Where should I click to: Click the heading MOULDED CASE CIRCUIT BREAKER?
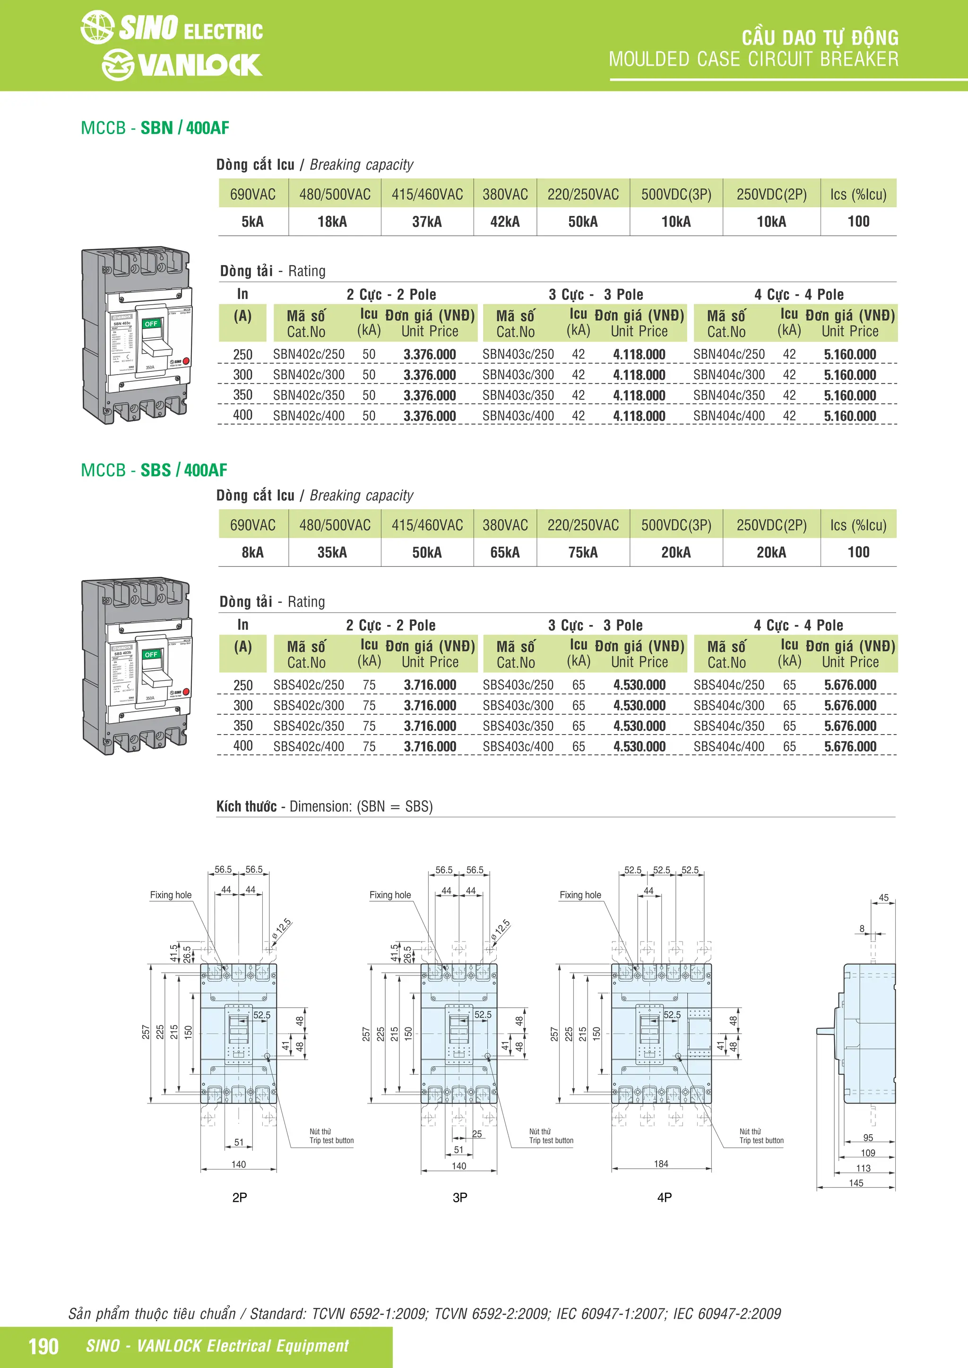(753, 60)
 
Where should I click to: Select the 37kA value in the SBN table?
(427, 222)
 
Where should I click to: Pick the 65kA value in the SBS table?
(504, 552)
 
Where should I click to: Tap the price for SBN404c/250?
(849, 354)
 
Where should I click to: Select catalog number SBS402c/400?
(308, 746)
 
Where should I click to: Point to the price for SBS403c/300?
(639, 705)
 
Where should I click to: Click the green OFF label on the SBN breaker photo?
(151, 324)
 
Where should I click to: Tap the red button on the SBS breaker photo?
(185, 692)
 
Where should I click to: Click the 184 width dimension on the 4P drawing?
(661, 1163)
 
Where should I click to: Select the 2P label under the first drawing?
(239, 1197)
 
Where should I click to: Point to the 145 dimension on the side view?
(856, 1183)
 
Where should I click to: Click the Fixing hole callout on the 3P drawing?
(390, 895)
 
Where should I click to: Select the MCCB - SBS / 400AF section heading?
(154, 470)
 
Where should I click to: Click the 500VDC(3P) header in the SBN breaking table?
(676, 194)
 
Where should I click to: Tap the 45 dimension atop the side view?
(883, 898)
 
